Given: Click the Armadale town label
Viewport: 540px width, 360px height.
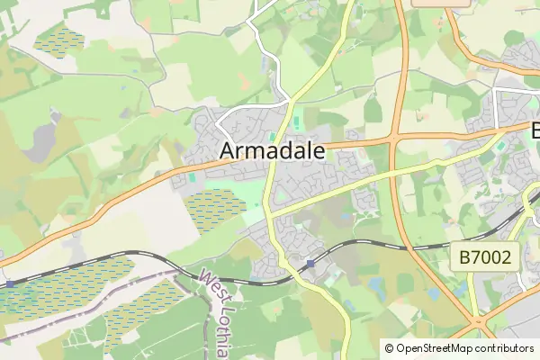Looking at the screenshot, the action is click(x=273, y=151).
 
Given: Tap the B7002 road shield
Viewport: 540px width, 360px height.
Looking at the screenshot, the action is click(x=484, y=258).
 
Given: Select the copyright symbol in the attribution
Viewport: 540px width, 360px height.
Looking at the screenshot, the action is click(x=389, y=348).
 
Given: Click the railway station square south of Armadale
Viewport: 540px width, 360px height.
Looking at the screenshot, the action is click(x=310, y=263).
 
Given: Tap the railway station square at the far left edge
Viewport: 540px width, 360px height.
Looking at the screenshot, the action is click(x=9, y=283).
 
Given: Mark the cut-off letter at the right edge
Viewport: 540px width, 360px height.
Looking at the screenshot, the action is click(x=535, y=130).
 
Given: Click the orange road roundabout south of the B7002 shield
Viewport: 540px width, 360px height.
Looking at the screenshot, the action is click(x=476, y=321).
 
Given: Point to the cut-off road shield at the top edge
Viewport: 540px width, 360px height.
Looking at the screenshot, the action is click(x=441, y=3).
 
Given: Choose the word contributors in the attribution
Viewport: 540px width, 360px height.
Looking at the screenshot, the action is click(x=501, y=348).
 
